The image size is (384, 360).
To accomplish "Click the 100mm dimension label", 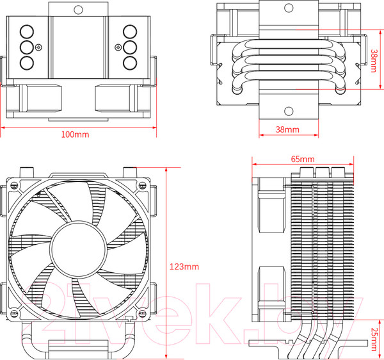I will [x=75, y=135].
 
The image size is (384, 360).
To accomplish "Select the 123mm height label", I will [x=185, y=265].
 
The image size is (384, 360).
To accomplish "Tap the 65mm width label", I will [x=302, y=158].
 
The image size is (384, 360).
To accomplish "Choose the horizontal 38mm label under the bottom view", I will [x=287, y=129].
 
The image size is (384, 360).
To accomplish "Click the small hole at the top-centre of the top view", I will [x=79, y=10].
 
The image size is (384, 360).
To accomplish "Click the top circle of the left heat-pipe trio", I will [x=28, y=31].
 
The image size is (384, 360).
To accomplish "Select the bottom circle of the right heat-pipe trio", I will [x=130, y=62].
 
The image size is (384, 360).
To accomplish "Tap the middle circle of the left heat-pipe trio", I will [x=28, y=47].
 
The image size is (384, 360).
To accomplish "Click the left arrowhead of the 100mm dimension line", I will [x=3, y=127].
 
